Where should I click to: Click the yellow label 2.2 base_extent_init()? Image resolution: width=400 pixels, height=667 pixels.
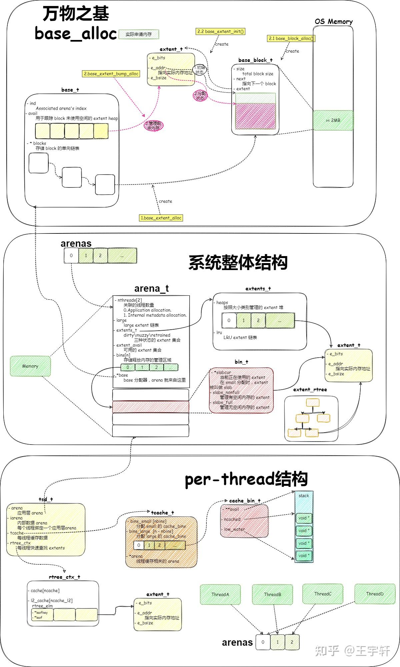(x=220, y=32)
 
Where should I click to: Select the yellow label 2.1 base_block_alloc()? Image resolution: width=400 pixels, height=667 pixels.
(x=291, y=38)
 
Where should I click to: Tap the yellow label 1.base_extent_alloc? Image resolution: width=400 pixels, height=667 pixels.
(x=161, y=218)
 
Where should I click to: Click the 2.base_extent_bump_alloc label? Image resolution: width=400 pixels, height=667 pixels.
(x=111, y=74)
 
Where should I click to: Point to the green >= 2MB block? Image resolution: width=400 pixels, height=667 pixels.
(x=333, y=120)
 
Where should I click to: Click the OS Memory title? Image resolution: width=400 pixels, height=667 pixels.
(x=333, y=22)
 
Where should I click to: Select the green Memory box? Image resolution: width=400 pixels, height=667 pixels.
(x=30, y=366)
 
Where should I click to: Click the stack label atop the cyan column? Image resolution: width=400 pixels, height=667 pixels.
(x=304, y=496)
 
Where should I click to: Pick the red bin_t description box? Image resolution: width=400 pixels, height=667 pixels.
(x=241, y=390)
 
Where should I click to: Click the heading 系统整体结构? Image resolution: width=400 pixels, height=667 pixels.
(x=238, y=263)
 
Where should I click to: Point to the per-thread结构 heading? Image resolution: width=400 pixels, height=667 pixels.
(x=246, y=479)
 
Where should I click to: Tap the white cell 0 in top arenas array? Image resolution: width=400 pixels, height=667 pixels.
(x=71, y=256)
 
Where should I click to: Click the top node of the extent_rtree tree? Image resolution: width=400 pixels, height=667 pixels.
(x=313, y=402)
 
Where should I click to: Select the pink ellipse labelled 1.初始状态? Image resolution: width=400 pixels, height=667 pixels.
(x=200, y=70)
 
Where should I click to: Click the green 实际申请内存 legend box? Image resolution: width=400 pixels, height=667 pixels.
(x=139, y=34)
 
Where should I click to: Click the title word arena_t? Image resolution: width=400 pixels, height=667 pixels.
(x=151, y=288)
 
